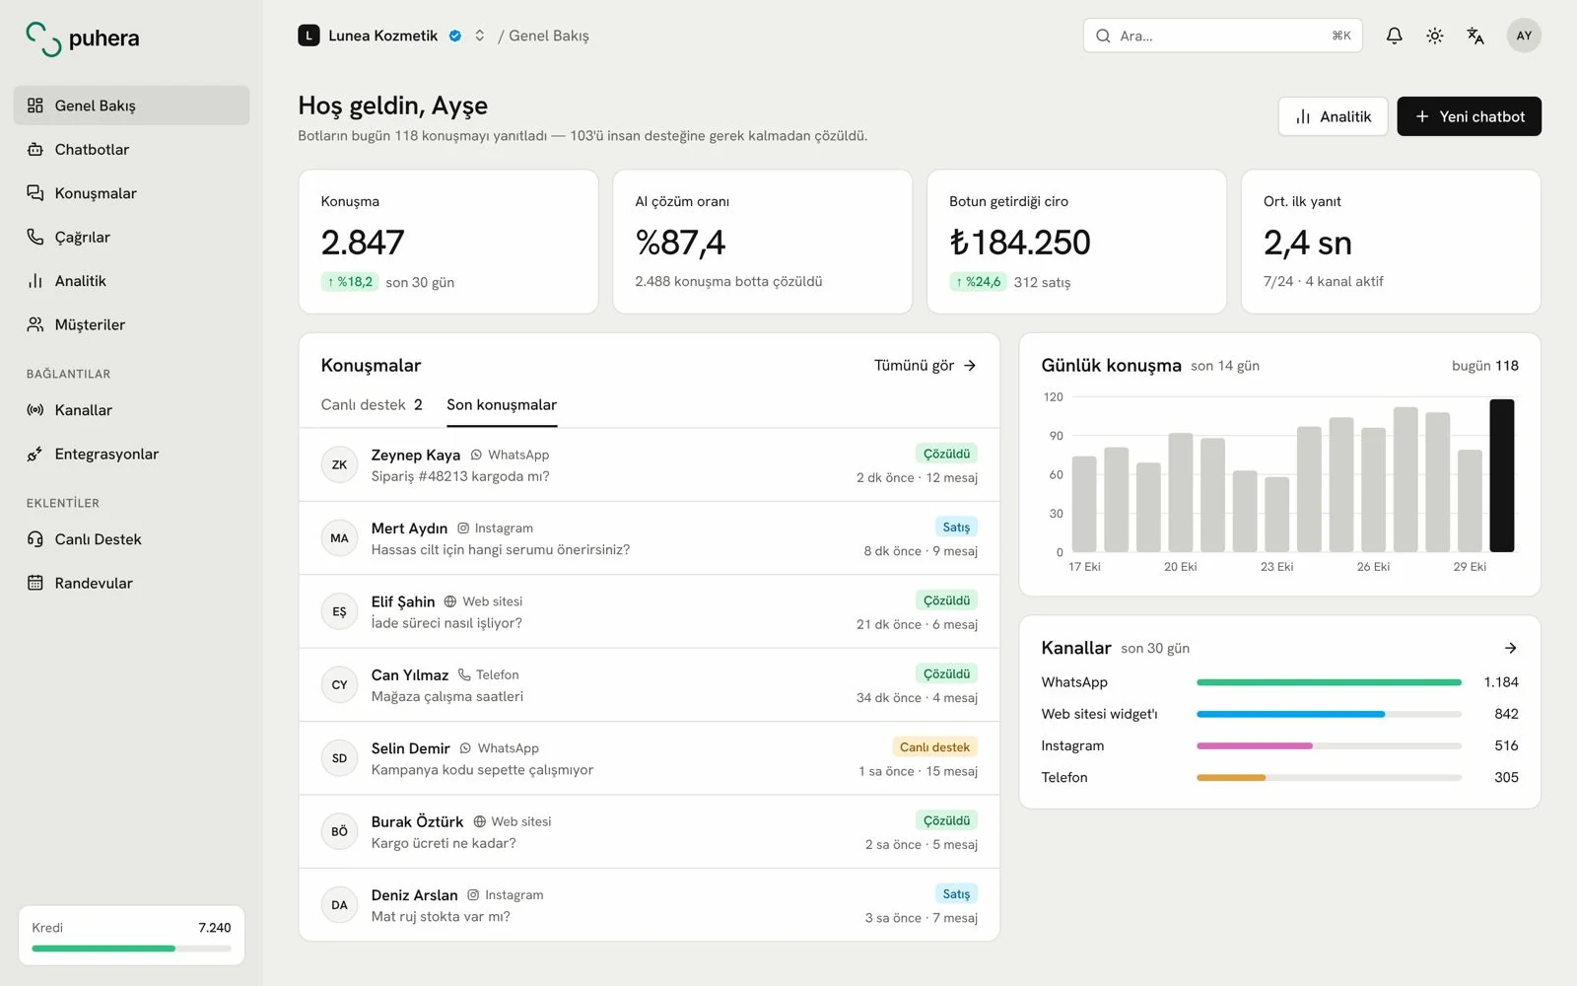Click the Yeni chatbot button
tap(1469, 116)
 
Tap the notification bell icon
tap(1394, 35)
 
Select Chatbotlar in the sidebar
tap(92, 149)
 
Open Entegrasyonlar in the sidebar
tap(106, 454)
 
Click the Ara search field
tap(1222, 35)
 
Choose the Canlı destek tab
tap(371, 405)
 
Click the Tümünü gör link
tap(925, 366)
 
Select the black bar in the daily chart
tap(1501, 475)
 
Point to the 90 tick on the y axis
tap(1056, 436)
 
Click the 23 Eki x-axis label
tap(1276, 566)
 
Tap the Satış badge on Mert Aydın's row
tap(955, 527)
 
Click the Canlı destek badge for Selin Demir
tap(934, 746)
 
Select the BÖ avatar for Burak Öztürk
tap(339, 831)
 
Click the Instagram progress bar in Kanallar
tap(1329, 745)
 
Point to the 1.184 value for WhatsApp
tap(1500, 681)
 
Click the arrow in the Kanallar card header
tap(1510, 648)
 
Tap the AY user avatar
tap(1524, 35)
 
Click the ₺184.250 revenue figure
tap(1019, 243)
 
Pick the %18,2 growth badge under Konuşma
tap(349, 282)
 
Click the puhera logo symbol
tap(43, 38)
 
